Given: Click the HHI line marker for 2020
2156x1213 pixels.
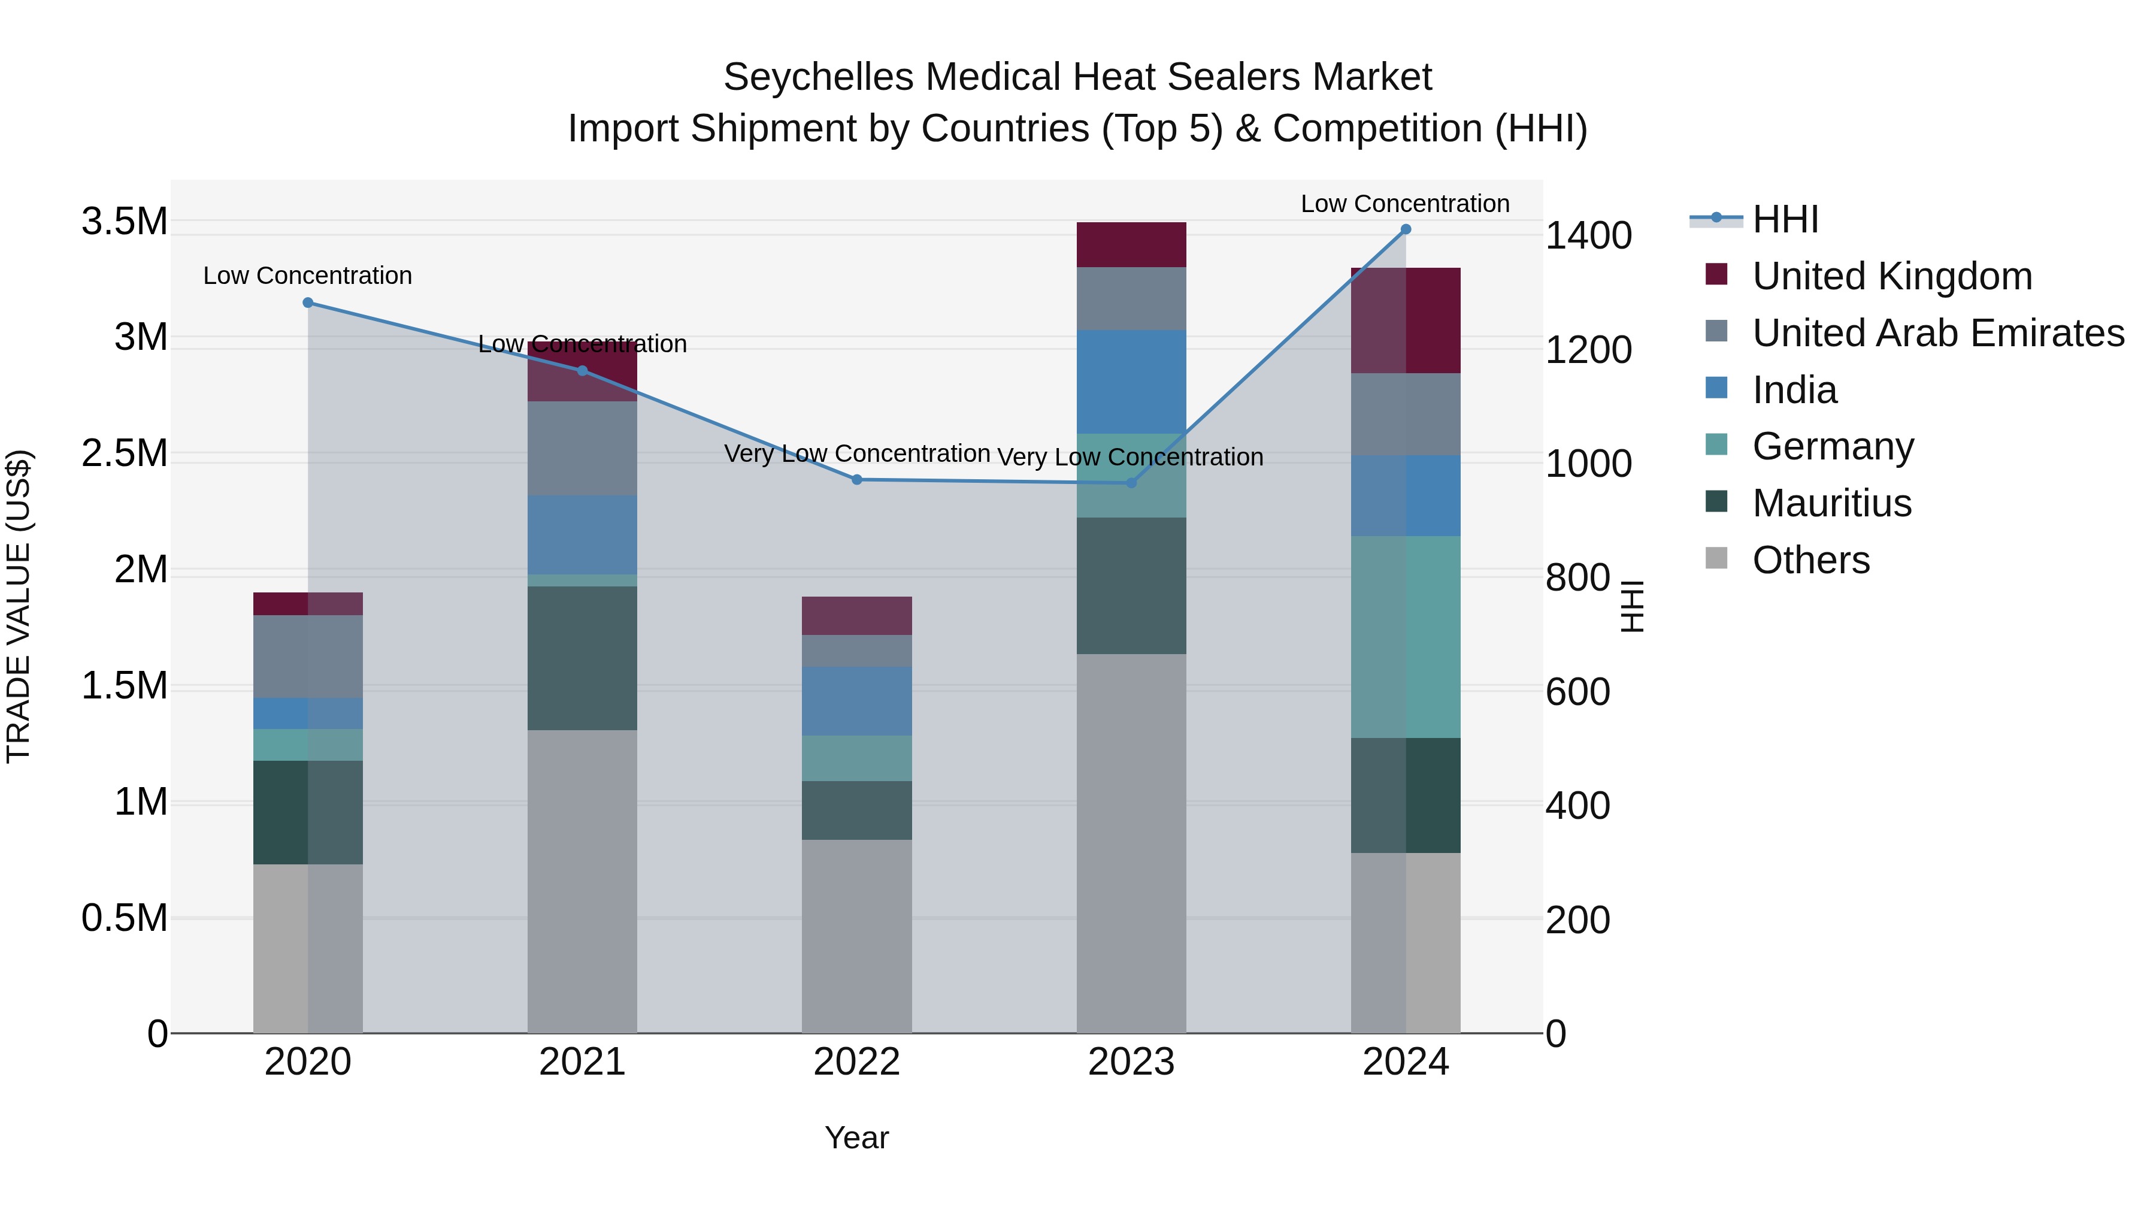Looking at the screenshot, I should click(308, 303).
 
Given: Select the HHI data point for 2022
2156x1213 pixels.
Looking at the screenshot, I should click(856, 480).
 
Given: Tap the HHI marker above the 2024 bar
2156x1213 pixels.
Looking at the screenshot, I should click(1405, 229).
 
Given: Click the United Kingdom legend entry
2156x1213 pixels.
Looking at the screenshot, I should click(1891, 276).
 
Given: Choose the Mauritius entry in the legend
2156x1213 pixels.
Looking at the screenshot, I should click(1831, 503).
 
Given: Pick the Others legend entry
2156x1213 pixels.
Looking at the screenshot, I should click(1810, 560).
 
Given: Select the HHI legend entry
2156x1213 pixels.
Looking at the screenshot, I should click(1785, 219).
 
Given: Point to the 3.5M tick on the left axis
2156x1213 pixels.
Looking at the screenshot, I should click(124, 222).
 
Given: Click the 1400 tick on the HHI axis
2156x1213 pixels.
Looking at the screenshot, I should click(1588, 235).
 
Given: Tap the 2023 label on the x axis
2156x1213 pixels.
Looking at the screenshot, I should click(1131, 1062).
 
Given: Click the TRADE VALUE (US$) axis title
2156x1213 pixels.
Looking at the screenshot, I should click(19, 606).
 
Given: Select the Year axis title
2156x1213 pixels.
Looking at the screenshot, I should click(856, 1138).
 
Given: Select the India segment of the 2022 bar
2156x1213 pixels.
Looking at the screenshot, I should click(856, 701).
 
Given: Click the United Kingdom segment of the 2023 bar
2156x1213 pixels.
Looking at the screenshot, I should click(1131, 244).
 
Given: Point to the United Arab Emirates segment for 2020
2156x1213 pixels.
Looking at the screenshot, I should click(308, 657).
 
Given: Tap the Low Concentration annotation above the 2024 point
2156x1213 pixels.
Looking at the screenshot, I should click(1404, 204).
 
